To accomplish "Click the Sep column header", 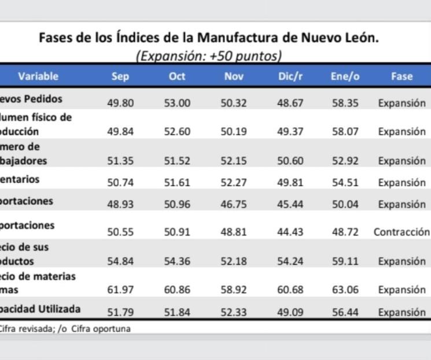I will coord(120,76).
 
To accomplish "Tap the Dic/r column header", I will coord(290,76).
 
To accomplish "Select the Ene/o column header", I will coord(345,76).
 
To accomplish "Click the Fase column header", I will coord(401,76).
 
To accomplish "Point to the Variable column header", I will coord(38,76).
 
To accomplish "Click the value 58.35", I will coord(345,103).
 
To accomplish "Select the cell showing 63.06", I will coord(345,290).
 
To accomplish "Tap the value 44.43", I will coord(290,232).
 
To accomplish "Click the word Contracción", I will coord(401,232).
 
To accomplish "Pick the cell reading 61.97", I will coord(120,290).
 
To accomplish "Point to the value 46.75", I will coord(234,204).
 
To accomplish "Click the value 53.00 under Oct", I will coord(177,103).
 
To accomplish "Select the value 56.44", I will coord(345,313).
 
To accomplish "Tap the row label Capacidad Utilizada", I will coord(40,309).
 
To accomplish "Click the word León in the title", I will coord(360,38).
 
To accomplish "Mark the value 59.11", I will coord(345,261).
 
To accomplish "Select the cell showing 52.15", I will coord(234,161).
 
